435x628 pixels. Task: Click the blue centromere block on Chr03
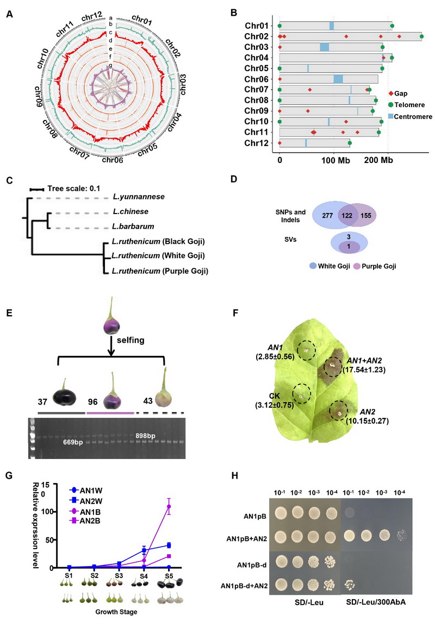click(x=324, y=47)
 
